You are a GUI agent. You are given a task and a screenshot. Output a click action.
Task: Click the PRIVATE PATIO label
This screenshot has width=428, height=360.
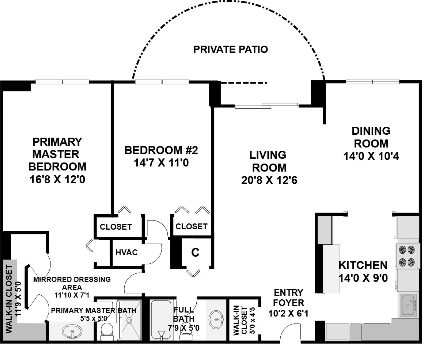(231, 49)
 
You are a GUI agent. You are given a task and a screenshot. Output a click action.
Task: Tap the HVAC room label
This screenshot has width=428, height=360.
(126, 252)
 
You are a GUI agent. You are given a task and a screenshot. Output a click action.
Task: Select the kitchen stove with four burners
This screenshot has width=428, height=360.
(407, 256)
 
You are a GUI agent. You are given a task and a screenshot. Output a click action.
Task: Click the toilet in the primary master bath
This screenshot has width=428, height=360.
(107, 331)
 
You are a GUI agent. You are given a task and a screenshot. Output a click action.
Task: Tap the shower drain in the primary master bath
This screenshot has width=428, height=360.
(129, 320)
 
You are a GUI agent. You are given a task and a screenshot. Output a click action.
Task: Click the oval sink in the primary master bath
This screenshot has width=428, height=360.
(72, 332)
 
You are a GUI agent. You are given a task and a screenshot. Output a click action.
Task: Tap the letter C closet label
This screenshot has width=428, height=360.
(195, 253)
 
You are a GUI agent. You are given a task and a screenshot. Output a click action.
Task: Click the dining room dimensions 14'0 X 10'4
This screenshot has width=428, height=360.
(371, 156)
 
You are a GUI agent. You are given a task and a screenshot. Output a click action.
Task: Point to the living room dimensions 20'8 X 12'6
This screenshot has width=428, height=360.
(269, 180)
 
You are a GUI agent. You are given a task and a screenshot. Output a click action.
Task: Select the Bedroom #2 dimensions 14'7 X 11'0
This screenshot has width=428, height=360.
(161, 163)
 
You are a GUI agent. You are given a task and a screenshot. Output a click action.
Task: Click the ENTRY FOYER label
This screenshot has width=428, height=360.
(288, 298)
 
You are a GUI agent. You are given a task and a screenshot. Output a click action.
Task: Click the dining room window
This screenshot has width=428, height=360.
(372, 81)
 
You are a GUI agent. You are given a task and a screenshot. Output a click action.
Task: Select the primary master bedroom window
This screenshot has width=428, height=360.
(62, 81)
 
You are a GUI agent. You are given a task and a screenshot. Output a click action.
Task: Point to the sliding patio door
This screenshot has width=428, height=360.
(266, 106)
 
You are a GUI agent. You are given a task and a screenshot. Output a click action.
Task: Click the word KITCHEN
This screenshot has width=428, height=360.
(363, 265)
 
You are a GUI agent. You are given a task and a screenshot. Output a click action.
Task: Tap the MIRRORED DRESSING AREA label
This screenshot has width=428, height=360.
(72, 283)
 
